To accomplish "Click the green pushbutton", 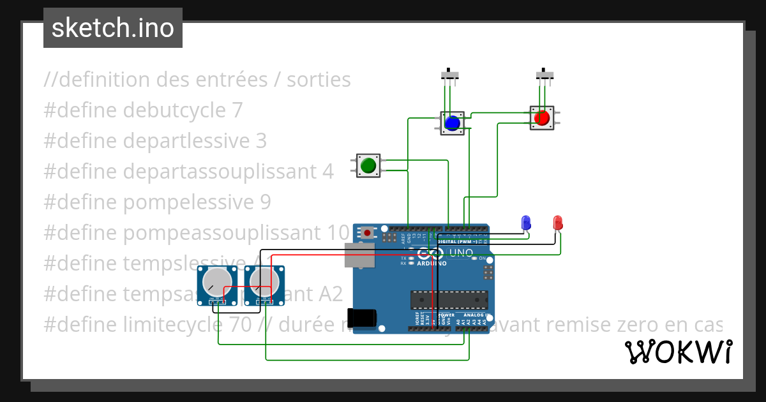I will click(368, 165).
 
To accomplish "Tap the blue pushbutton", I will click(453, 122).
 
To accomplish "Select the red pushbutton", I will click(541, 118).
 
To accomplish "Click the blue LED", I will click(526, 222).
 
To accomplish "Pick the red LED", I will click(557, 222).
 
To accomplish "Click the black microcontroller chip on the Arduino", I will click(449, 299).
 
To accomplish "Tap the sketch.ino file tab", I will click(113, 28).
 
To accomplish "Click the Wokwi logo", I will click(678, 352).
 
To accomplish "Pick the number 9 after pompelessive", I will click(266, 202).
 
